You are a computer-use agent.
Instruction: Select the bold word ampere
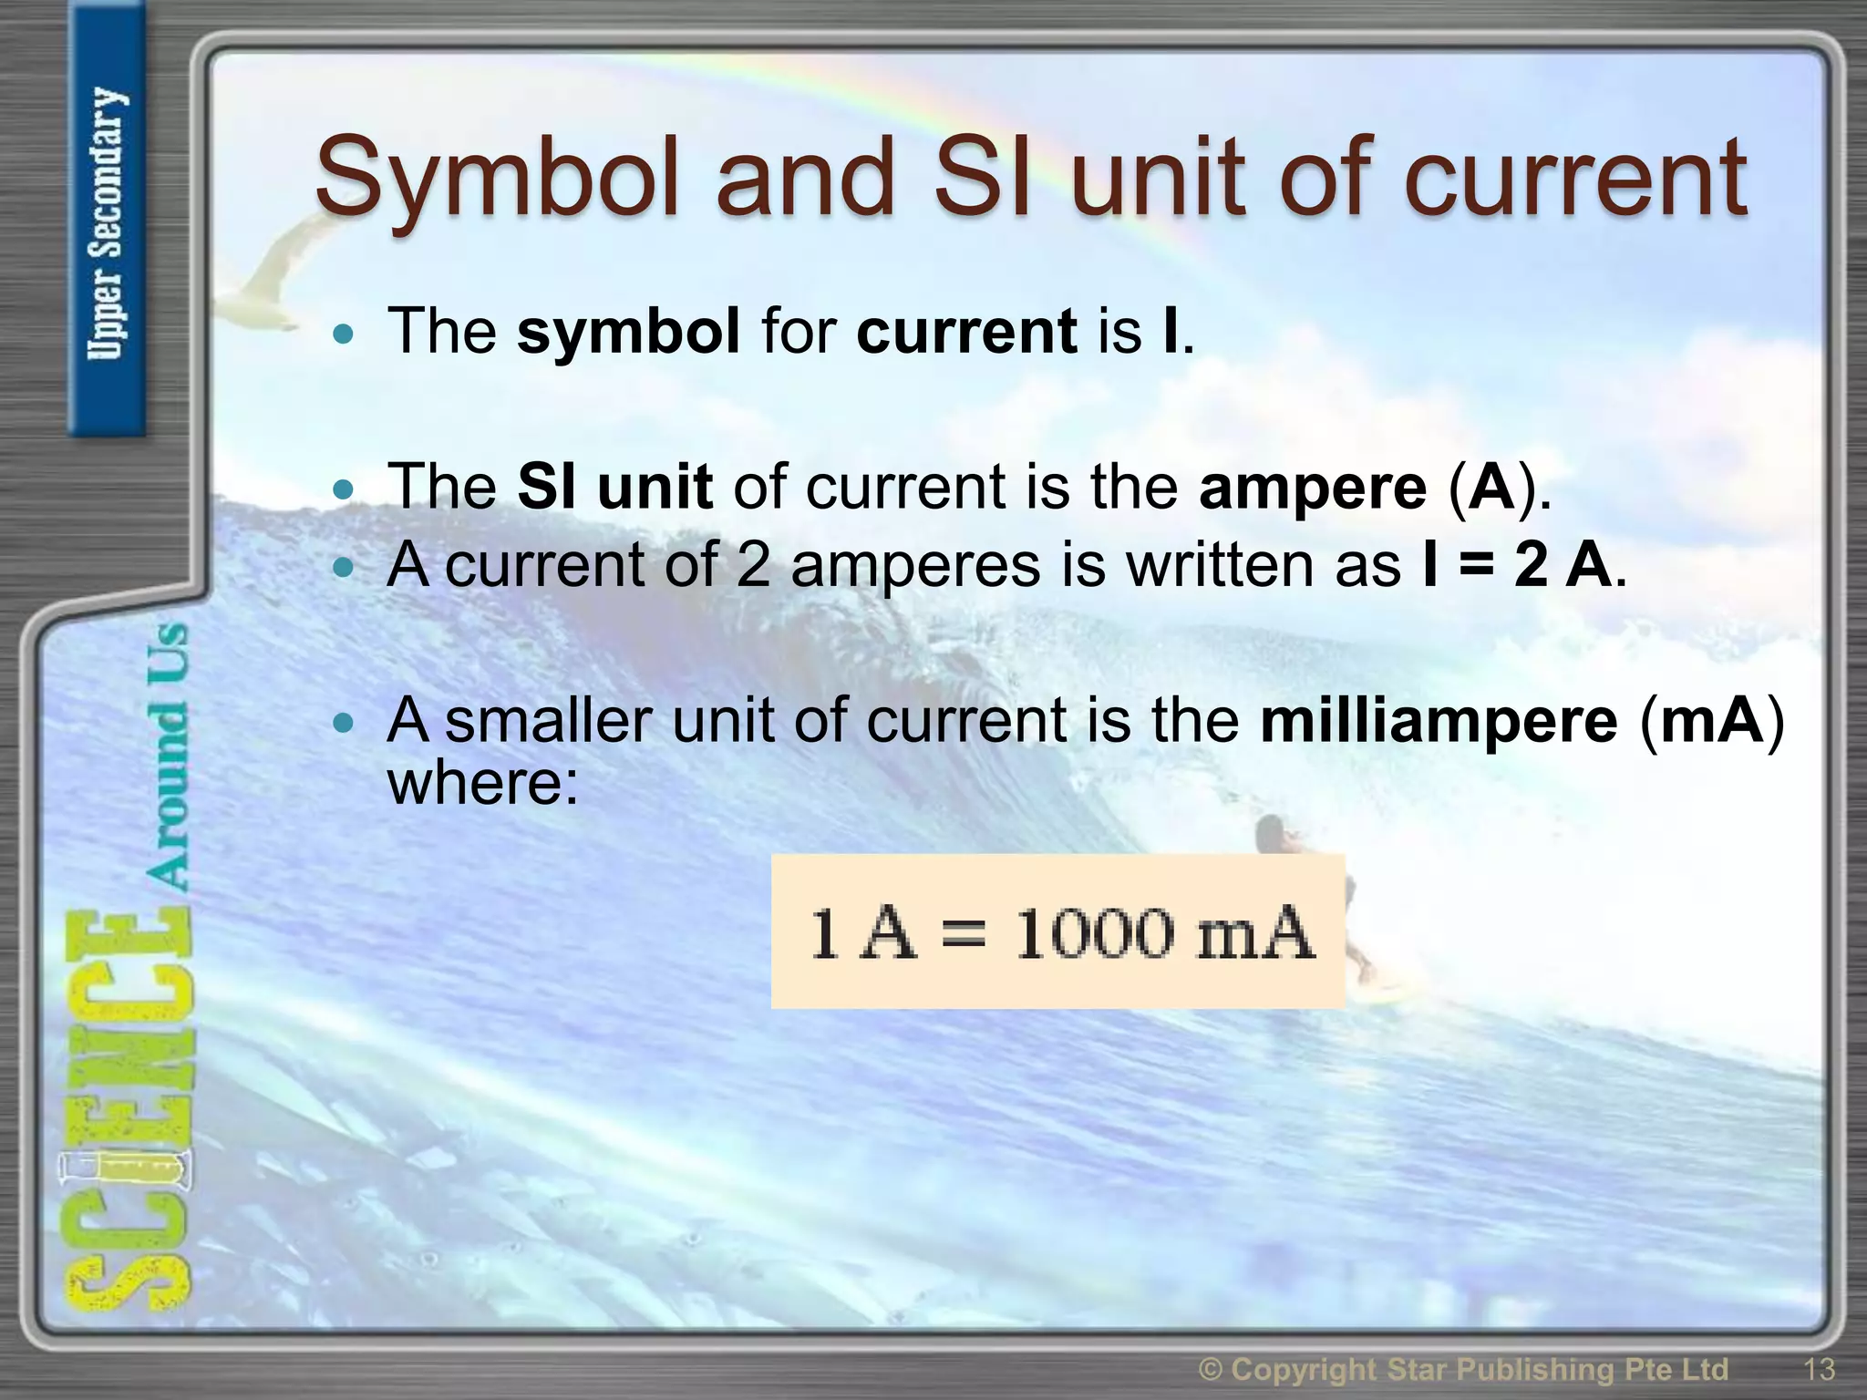point(1313,487)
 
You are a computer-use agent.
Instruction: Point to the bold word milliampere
point(1439,721)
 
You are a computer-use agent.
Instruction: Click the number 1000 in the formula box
point(1094,933)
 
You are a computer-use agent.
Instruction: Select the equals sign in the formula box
point(964,935)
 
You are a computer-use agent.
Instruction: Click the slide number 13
point(1819,1370)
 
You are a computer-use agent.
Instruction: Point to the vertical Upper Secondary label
point(108,223)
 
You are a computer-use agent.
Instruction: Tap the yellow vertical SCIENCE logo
point(128,1112)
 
